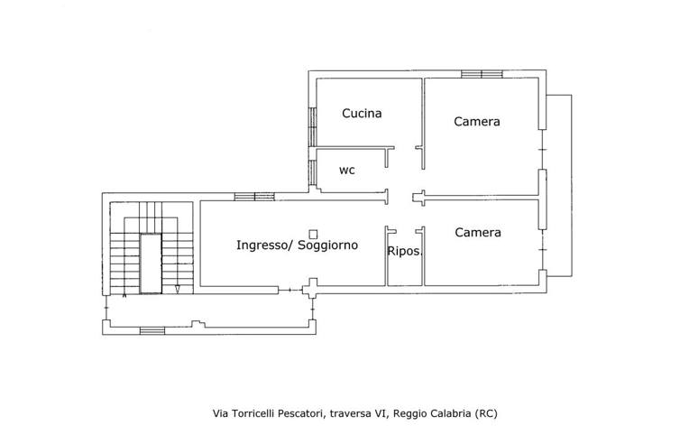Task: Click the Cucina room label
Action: tap(362, 114)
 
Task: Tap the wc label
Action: tap(346, 171)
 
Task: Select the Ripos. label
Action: tap(405, 252)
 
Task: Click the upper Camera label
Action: tap(477, 121)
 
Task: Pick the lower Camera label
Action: tap(478, 232)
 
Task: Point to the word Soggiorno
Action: tap(327, 245)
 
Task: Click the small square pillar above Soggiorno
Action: tap(313, 235)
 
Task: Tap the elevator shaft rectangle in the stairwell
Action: tap(151, 264)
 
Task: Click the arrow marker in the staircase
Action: tap(177, 290)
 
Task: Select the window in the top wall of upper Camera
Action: tap(482, 74)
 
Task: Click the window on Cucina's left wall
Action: tap(312, 126)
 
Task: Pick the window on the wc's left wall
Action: tap(312, 172)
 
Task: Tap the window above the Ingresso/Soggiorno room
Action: tap(254, 197)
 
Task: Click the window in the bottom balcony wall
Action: tap(152, 330)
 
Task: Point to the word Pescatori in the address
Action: tap(302, 413)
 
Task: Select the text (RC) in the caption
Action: tap(486, 413)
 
